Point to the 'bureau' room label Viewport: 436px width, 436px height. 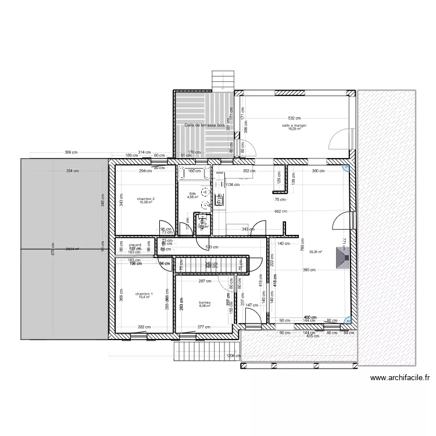pos(204,303)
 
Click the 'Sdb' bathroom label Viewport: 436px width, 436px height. pos(192,194)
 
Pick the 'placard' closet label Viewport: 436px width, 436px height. pos(135,245)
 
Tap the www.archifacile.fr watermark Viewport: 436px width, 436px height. pos(400,377)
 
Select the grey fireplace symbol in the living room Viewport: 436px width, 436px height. pos(342,256)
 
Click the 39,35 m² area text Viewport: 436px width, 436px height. pos(316,252)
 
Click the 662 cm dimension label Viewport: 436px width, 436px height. pos(281,212)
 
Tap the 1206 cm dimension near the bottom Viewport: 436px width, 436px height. pos(233,356)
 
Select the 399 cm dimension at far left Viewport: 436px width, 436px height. pos(72,152)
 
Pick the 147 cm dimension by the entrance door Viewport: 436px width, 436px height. pos(252,305)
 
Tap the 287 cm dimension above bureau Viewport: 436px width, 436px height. pos(204,281)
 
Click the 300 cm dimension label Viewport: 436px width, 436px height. pos(319,171)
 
